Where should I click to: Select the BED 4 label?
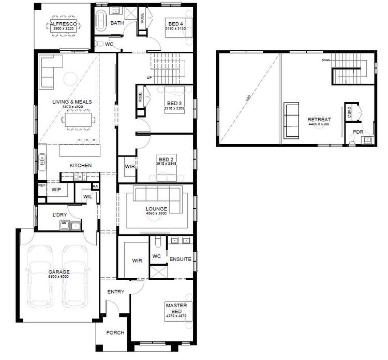click(x=175, y=24)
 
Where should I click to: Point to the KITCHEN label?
click(x=81, y=165)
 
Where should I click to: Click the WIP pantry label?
click(x=55, y=190)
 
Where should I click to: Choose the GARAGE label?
click(x=59, y=271)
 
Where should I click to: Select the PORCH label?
click(x=115, y=333)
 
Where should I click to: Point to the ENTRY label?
click(x=115, y=292)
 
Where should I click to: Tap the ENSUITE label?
click(x=184, y=258)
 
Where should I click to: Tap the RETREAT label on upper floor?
click(x=319, y=119)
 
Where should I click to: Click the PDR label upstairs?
click(x=357, y=132)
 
